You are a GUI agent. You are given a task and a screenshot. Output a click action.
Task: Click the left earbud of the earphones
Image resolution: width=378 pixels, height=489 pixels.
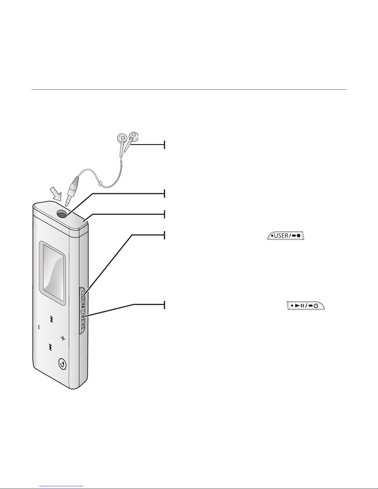pyautogui.click(x=122, y=138)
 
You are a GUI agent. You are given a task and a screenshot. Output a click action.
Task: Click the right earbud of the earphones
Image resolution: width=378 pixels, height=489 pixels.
pyautogui.click(x=134, y=136)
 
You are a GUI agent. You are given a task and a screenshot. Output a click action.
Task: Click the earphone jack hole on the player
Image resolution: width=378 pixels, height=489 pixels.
pyautogui.click(x=62, y=213)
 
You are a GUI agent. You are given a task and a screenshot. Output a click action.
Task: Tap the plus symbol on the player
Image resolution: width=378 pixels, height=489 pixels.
pyautogui.click(x=63, y=338)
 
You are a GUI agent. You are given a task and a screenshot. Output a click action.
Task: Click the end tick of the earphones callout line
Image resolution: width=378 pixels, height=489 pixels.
pyautogui.click(x=165, y=144)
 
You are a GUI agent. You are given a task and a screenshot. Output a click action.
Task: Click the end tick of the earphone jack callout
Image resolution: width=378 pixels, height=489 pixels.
pyautogui.click(x=165, y=194)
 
